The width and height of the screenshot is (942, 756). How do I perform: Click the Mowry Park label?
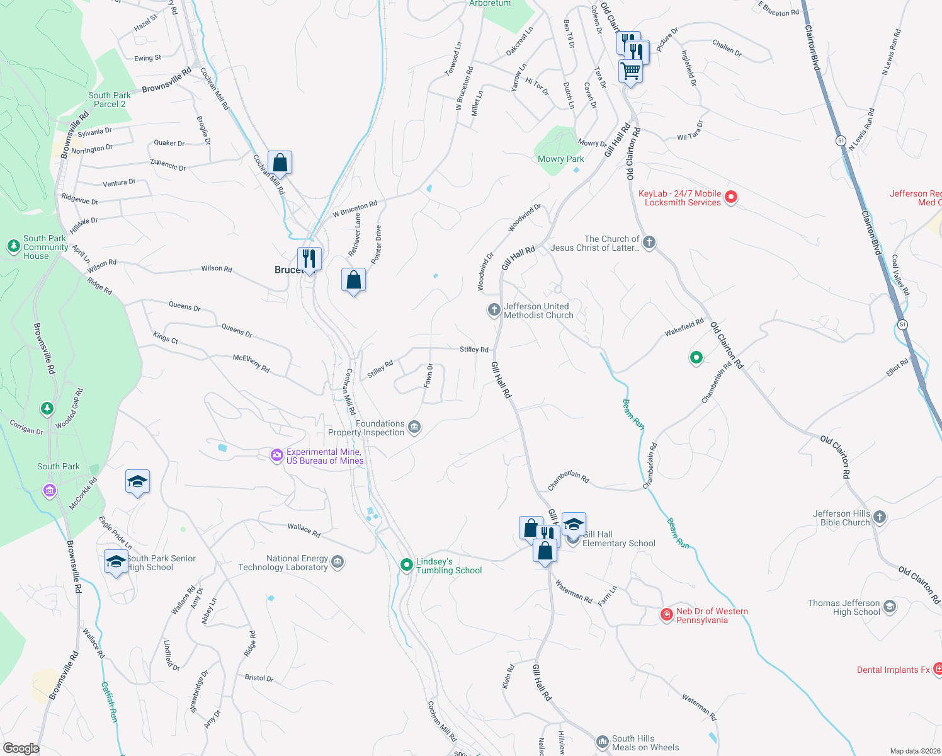coord(560,159)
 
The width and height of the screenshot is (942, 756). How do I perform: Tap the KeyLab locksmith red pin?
coord(731,197)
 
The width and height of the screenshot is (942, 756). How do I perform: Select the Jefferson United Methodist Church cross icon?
coord(494,309)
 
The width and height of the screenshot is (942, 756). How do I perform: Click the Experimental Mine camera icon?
coord(276,455)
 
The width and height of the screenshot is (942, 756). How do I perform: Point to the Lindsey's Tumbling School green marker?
coord(407,564)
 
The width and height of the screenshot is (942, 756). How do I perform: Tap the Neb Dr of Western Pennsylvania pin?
coord(667,614)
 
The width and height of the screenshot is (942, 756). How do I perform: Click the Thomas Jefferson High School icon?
coord(889,607)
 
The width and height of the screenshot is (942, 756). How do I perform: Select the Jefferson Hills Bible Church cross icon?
coord(880,517)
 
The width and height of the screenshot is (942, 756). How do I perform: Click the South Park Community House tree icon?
coord(14,246)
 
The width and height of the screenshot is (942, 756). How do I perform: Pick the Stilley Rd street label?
coord(474,349)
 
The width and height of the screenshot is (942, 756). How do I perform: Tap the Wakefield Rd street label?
coord(684,327)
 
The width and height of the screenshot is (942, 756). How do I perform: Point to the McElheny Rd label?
coord(251,363)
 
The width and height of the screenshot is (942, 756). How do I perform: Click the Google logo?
coord(21,748)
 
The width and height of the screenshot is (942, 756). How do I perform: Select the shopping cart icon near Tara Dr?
coord(630,71)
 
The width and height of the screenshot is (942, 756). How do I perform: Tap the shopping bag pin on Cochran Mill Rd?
coord(280,163)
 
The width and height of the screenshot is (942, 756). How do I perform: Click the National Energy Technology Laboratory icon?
coord(338,562)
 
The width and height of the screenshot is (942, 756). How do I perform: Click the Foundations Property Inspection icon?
coord(414,428)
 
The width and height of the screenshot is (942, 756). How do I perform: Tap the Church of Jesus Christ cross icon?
coord(649,243)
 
